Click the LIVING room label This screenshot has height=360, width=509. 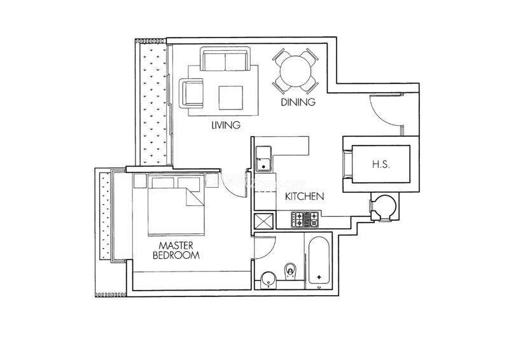tap(226, 125)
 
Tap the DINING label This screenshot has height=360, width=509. tap(298, 102)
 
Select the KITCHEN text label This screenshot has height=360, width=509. tap(305, 197)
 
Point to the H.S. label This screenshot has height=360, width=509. tap(380, 165)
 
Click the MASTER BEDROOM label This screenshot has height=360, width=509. tap(176, 250)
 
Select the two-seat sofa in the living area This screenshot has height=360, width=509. tap(225, 59)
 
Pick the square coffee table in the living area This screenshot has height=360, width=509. tap(231, 98)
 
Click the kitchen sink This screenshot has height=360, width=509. tap(263, 159)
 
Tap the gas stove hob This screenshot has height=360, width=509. tap(305, 219)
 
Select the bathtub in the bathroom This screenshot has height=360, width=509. tap(319, 260)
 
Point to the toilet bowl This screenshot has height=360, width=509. tap(290, 271)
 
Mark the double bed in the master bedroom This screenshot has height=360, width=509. tap(176, 205)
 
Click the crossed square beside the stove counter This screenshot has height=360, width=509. tap(264, 222)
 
